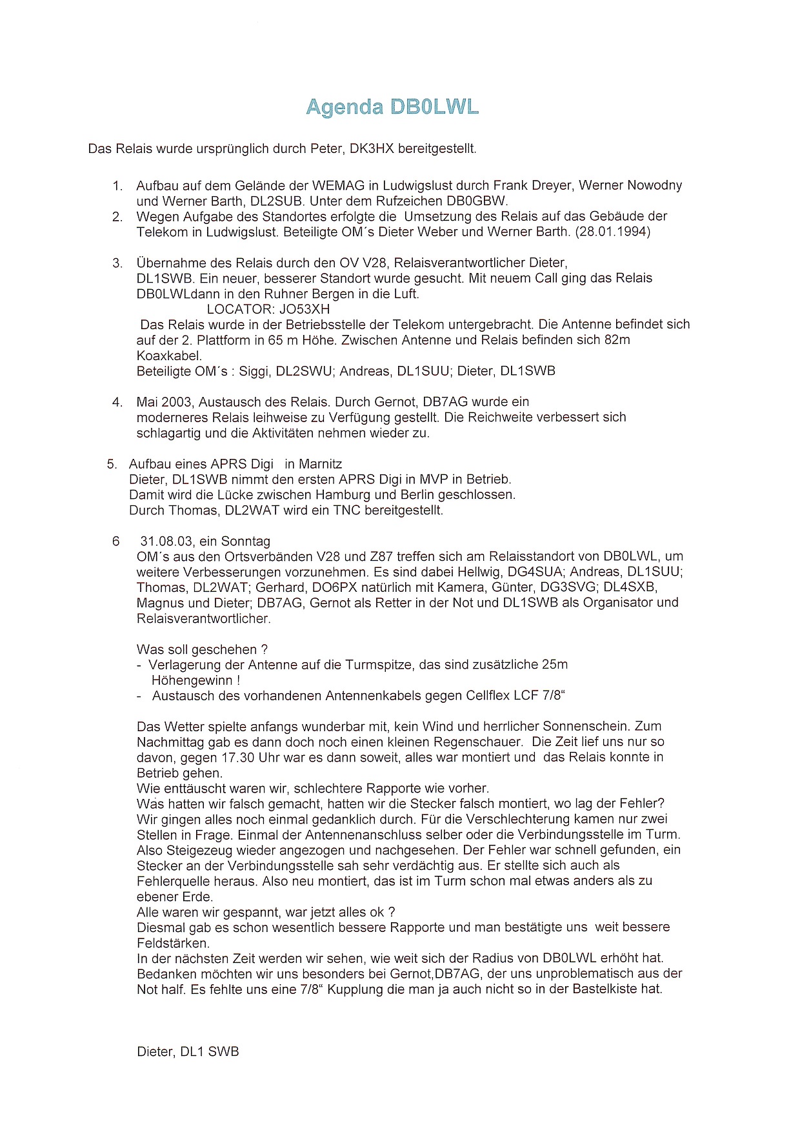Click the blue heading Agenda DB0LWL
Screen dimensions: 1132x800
pyautogui.click(x=392, y=106)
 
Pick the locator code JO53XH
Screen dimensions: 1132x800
pyautogui.click(x=305, y=309)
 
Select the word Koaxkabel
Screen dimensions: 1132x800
pyautogui.click(x=169, y=356)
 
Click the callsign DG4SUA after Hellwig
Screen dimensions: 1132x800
pyautogui.click(x=535, y=572)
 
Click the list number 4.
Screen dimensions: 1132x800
pyautogui.click(x=117, y=402)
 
